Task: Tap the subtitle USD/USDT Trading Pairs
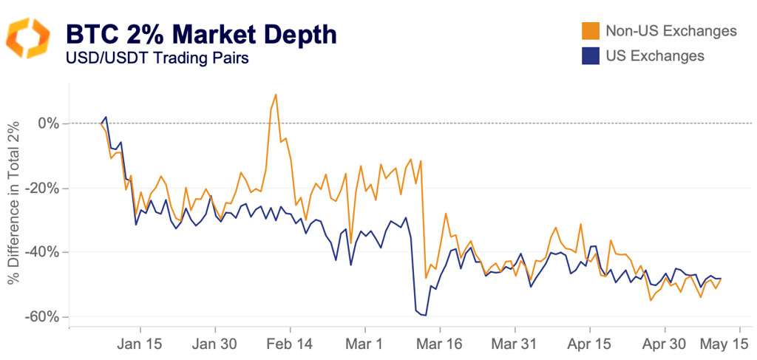(157, 58)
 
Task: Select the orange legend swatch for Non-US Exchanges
(590, 31)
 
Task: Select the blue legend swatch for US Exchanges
(590, 55)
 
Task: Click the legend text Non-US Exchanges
(671, 31)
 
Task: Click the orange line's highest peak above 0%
(276, 95)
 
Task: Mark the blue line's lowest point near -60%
(425, 316)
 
